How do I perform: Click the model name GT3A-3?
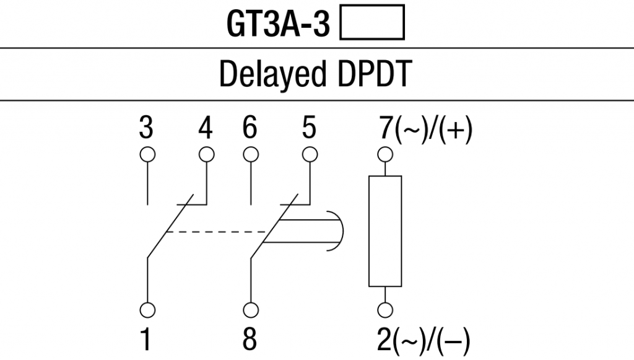(279, 25)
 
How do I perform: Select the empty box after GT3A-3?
(372, 24)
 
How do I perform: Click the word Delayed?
(272, 75)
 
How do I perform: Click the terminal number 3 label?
(147, 130)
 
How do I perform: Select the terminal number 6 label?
(250, 130)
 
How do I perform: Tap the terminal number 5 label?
(308, 130)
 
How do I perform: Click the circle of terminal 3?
(147, 154)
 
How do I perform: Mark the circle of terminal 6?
(250, 154)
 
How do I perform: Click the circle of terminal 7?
(384, 154)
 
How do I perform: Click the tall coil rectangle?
(384, 231)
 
